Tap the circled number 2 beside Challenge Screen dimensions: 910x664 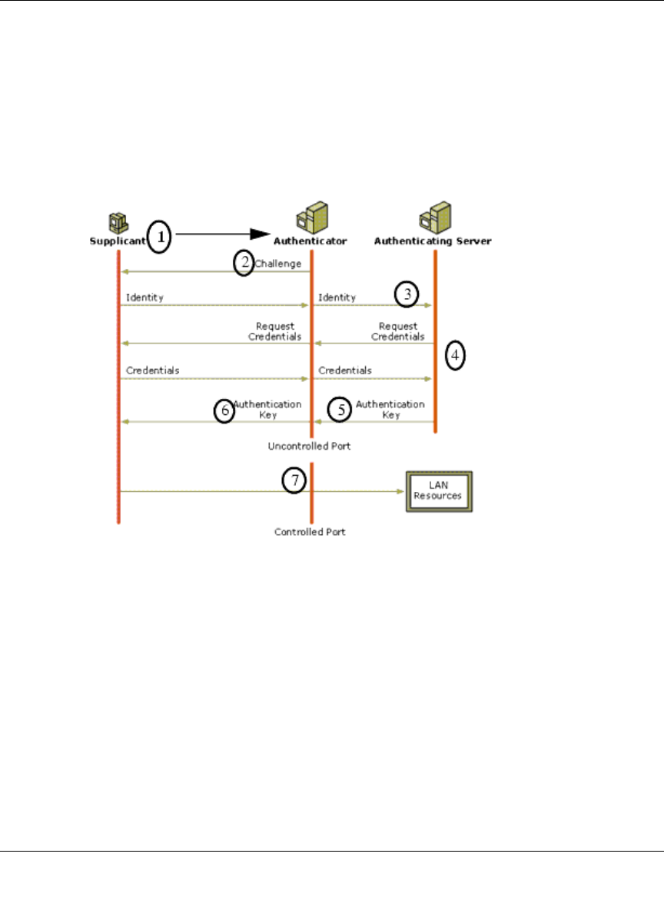[244, 263]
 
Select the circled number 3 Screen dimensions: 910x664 [407, 293]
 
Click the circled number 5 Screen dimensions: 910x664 [340, 410]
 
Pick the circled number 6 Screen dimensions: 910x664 [224, 410]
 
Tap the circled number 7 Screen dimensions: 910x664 [294, 480]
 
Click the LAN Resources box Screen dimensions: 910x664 [438, 492]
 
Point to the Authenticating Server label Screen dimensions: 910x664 [433, 241]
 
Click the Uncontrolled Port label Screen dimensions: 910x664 [309, 446]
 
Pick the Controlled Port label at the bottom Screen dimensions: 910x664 [310, 531]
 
